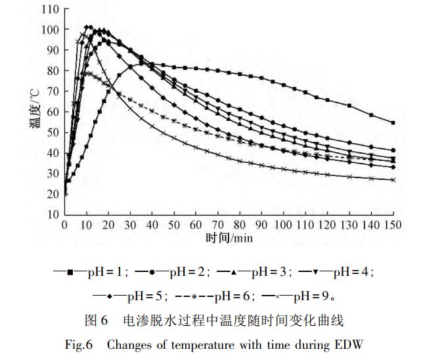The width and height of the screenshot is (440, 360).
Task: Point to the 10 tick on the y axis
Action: pyautogui.click(x=53, y=215)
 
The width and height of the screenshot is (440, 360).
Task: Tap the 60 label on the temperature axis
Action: pyautogui.click(x=53, y=112)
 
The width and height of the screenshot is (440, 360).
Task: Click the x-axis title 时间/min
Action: pyautogui.click(x=229, y=236)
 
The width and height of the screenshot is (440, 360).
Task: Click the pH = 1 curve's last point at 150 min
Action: pyautogui.click(x=393, y=123)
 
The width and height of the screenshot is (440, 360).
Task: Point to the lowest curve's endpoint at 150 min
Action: pyautogui.click(x=393, y=180)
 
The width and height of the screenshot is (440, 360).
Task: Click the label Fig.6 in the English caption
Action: pyautogui.click(x=78, y=344)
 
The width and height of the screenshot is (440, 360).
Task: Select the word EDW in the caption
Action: pyautogui.click(x=349, y=344)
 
